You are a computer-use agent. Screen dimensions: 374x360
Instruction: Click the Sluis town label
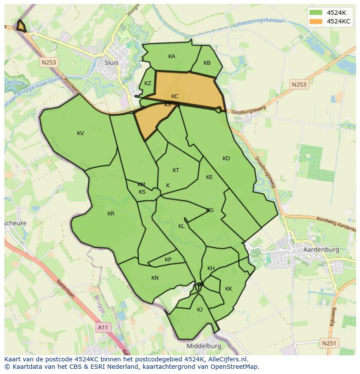pyautogui.click(x=111, y=62)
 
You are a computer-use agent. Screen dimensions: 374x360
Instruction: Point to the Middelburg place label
pyautogui.click(x=203, y=346)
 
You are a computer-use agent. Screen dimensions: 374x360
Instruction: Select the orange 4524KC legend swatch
pyautogui.click(x=316, y=21)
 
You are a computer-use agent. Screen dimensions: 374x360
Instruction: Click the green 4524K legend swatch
pyautogui.click(x=316, y=13)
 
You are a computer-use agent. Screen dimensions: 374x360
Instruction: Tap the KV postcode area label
pyautogui.click(x=80, y=133)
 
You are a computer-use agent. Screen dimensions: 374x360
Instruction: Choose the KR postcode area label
pyautogui.click(x=111, y=214)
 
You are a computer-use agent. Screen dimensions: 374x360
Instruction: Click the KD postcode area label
pyautogui.click(x=226, y=159)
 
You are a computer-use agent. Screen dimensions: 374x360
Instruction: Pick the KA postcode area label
pyautogui.click(x=172, y=56)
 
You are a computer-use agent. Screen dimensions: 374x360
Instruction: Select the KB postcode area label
pyautogui.click(x=207, y=63)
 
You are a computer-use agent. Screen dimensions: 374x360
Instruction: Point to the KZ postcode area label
pyautogui.click(x=148, y=83)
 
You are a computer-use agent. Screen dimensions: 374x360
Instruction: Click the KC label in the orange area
pyautogui.click(x=175, y=96)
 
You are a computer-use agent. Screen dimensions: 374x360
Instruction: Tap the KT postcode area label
pyautogui.click(x=176, y=170)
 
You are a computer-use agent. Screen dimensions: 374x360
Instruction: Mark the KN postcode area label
pyautogui.click(x=155, y=278)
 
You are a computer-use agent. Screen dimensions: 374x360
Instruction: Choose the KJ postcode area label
pyautogui.click(x=200, y=310)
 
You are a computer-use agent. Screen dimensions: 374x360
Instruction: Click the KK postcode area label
pyautogui.click(x=229, y=289)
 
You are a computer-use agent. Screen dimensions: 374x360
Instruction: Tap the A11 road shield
pyautogui.click(x=103, y=327)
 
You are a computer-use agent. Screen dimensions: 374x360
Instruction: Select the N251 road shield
pyautogui.click(x=329, y=343)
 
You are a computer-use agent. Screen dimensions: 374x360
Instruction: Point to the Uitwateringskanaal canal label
pyautogui.click(x=258, y=21)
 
